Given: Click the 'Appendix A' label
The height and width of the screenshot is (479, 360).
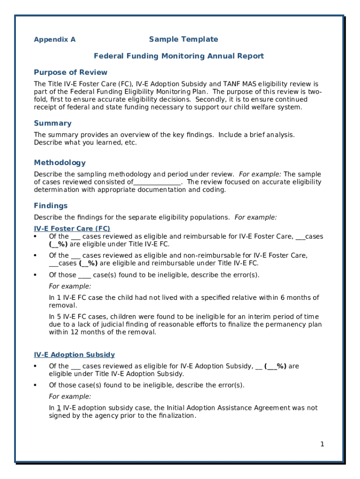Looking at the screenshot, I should [55, 40].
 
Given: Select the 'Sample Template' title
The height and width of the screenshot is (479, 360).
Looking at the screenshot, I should [184, 39].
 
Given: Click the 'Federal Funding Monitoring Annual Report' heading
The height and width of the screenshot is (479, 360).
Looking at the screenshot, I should [179, 56].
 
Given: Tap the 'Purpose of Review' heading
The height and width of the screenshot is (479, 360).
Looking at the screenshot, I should [71, 73].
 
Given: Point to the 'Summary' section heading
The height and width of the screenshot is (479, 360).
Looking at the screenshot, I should [53, 123].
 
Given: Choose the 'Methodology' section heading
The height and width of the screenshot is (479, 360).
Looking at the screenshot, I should [60, 163].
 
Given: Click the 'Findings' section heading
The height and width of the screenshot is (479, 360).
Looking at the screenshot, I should [51, 206].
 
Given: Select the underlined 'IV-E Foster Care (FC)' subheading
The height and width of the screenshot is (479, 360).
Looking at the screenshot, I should [72, 229].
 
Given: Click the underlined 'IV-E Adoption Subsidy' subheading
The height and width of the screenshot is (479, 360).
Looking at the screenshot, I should [74, 355].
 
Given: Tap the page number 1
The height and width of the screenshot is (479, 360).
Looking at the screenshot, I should [322, 444].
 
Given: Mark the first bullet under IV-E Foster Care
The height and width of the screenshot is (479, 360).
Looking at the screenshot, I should [36, 237].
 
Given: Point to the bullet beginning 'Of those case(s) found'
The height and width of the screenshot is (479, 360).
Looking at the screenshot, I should [36, 385].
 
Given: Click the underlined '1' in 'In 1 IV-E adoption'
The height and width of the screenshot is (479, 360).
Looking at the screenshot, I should [59, 408].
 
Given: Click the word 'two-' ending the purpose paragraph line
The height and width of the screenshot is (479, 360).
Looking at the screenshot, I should [314, 92].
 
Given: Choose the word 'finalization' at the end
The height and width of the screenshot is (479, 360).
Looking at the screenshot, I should [177, 416].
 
